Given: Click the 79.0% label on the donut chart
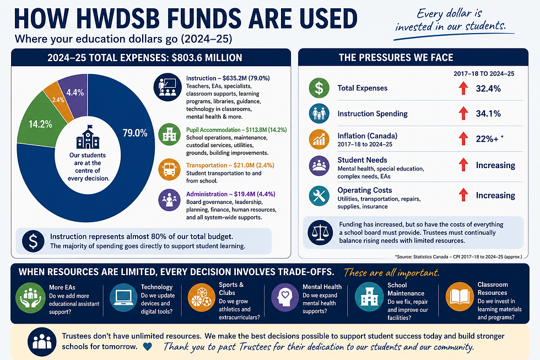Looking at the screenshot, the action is point(135,133).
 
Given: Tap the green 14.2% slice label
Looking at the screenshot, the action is point(40,124).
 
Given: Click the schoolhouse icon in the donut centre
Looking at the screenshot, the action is point(88,137).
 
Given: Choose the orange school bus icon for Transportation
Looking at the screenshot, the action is point(170,169).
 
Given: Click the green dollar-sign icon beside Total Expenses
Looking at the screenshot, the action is point(319,88).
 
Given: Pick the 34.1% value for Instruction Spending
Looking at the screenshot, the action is point(488,114).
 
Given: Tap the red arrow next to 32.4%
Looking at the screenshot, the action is point(463,88).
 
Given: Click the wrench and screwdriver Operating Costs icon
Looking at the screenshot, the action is point(319,196).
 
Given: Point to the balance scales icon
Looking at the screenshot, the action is point(320,233).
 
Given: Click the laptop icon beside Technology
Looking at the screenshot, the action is point(123,298).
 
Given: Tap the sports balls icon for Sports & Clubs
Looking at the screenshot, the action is point(202,298).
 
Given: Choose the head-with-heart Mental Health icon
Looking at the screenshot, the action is point(285,298).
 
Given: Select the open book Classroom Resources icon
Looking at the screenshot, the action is point(460,297).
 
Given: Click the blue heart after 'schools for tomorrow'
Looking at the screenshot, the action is point(148,346).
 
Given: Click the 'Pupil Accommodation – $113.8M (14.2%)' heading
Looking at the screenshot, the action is point(236,130).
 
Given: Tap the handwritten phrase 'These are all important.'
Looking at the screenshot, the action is point(392,273).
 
